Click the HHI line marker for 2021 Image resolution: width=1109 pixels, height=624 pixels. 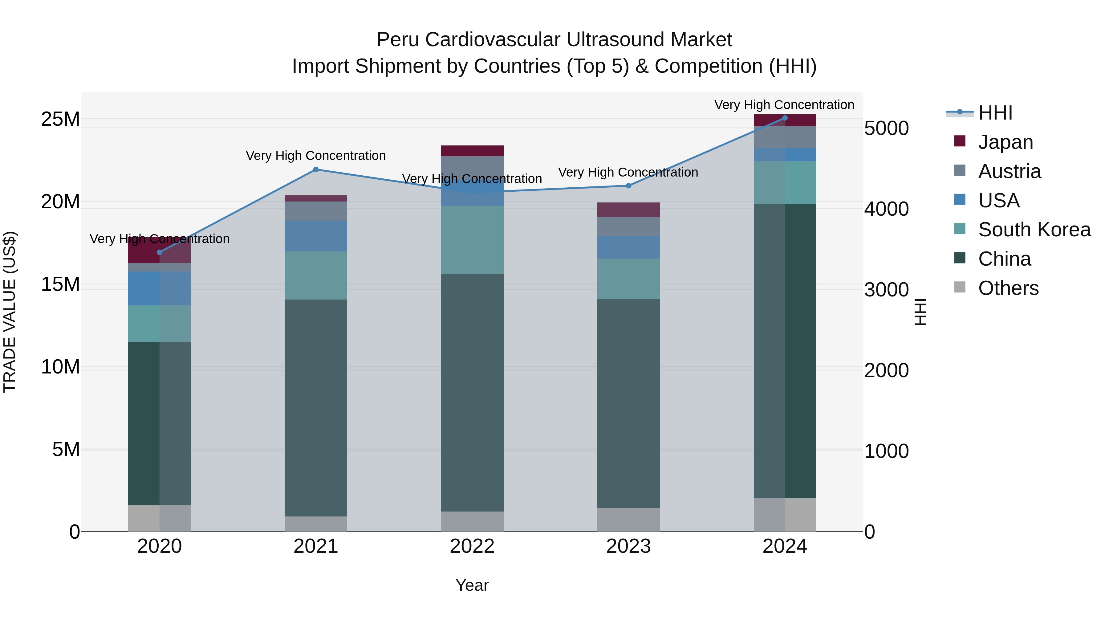pyautogui.click(x=315, y=170)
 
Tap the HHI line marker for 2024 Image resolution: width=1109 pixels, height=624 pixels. pyautogui.click(x=784, y=118)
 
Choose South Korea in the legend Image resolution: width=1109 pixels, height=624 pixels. pyautogui.click(x=1034, y=230)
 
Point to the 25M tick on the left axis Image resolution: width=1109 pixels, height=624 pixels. pyautogui.click(x=60, y=119)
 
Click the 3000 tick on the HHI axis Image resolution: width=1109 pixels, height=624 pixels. pyautogui.click(x=886, y=290)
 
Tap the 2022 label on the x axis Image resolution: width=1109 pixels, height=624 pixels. pyautogui.click(x=472, y=546)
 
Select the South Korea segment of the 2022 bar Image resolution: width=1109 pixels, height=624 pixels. pyautogui.click(x=472, y=239)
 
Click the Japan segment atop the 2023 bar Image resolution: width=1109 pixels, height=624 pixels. pyautogui.click(x=628, y=210)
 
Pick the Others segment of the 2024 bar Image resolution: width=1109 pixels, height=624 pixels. pyautogui.click(x=784, y=515)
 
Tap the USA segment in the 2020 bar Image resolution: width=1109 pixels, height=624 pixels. pyautogui.click(x=159, y=288)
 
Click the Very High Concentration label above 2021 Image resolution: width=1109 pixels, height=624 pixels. pyautogui.click(x=315, y=156)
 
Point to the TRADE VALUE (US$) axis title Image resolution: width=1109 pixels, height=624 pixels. pyautogui.click(x=10, y=312)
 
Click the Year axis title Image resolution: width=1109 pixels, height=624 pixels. pyautogui.click(x=472, y=585)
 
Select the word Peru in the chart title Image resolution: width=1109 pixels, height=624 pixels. pyautogui.click(x=397, y=40)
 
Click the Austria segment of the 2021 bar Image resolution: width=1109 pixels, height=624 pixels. pyautogui.click(x=315, y=211)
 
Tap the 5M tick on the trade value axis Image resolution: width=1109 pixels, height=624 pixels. pyautogui.click(x=66, y=450)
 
